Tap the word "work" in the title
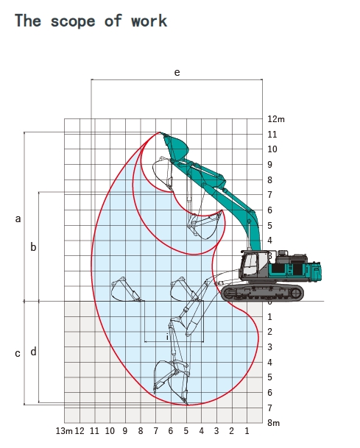(149, 21)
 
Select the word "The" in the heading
(28, 21)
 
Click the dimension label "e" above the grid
(177, 72)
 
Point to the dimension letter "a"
(18, 219)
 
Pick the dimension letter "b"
(33, 246)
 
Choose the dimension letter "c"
(18, 354)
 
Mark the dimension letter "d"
(33, 352)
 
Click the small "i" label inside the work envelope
(167, 337)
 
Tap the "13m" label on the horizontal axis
(64, 431)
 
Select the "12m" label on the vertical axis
(276, 119)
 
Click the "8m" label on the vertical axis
(273, 423)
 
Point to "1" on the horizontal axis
(247, 431)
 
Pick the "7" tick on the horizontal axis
(155, 431)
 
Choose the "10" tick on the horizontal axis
(110, 431)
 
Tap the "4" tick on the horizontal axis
(201, 431)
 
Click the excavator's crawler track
(263, 293)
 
